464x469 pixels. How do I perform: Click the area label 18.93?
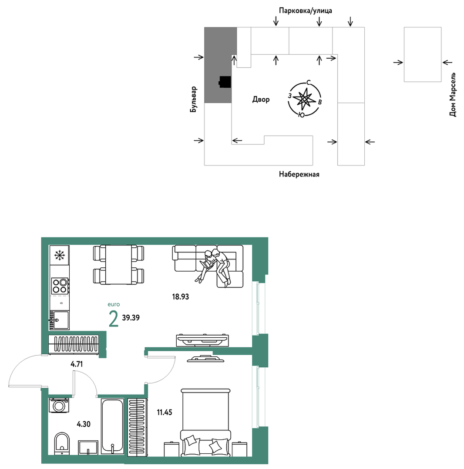[180, 297]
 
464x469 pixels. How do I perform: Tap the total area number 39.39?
[131, 318]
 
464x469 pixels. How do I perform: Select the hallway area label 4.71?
[77, 364]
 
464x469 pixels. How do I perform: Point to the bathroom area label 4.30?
[84, 424]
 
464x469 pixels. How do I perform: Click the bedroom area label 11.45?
[165, 412]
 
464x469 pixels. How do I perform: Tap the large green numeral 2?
[114, 319]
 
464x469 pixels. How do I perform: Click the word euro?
[114, 305]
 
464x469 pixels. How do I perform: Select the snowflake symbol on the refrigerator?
[60, 255]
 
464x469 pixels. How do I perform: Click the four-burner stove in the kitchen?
[60, 286]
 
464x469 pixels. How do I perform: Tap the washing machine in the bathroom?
[59, 405]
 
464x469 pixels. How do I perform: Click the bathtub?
[112, 426]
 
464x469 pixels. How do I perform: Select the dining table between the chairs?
[119, 264]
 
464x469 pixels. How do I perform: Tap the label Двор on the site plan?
[261, 99]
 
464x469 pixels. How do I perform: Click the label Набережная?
[299, 174]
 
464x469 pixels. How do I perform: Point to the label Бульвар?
[194, 99]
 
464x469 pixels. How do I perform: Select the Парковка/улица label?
[305, 10]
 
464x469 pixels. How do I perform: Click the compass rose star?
[304, 99]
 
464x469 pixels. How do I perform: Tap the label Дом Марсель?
[453, 94]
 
